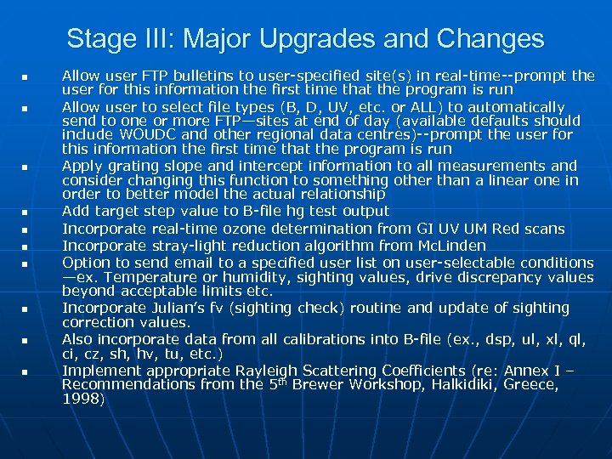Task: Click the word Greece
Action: pyautogui.click(x=531, y=384)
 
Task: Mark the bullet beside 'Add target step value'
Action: pyautogui.click(x=25, y=212)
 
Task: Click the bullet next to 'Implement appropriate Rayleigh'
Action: pyautogui.click(x=25, y=372)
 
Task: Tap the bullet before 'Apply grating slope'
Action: pyautogui.click(x=25, y=167)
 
